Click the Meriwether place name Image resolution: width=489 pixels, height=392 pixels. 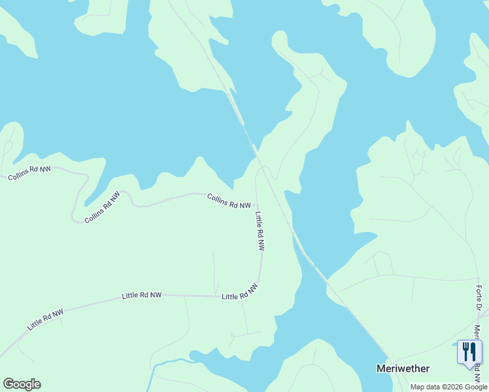[x=403, y=368]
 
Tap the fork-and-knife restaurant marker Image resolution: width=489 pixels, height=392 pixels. [x=469, y=353]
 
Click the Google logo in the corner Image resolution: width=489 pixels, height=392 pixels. [x=22, y=384]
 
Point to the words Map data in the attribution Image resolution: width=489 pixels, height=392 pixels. [x=426, y=387]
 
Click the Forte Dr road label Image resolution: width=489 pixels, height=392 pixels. [x=479, y=298]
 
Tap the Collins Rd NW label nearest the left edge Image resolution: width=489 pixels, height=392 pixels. [x=29, y=173]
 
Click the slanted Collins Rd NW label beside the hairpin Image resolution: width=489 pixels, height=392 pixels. [x=103, y=207]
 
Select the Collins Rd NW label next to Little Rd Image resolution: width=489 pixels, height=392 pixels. [x=229, y=201]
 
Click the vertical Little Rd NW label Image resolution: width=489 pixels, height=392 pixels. [x=260, y=231]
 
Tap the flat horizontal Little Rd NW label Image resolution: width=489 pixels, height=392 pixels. [x=141, y=296]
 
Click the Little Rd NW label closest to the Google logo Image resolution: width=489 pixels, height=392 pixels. [x=45, y=319]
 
